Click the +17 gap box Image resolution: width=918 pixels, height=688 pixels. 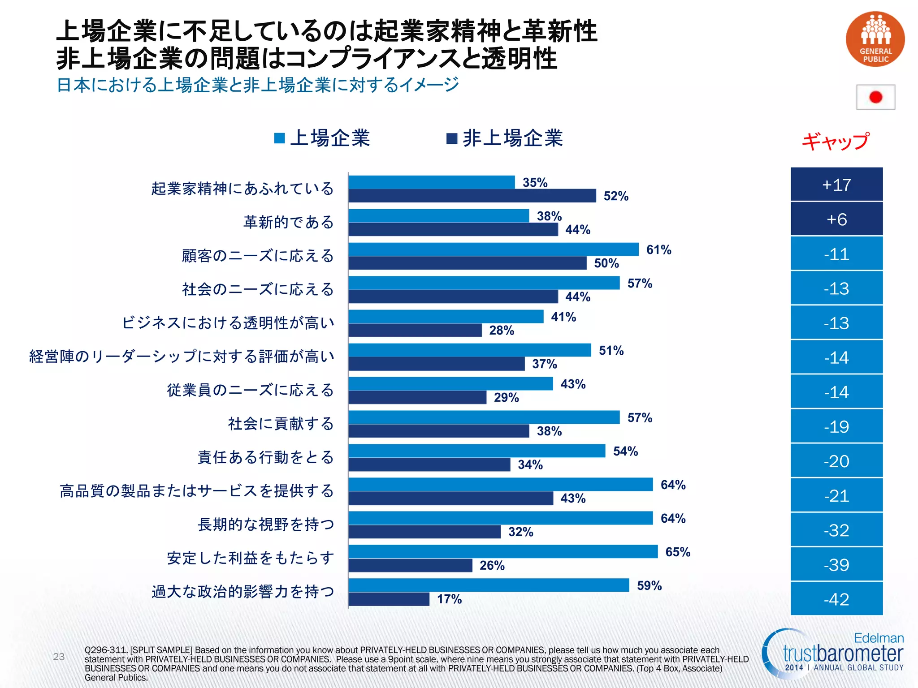point(836,185)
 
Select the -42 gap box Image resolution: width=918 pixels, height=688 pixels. point(836,599)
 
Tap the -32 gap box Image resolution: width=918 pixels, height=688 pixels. point(836,530)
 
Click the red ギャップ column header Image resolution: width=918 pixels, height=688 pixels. point(836,141)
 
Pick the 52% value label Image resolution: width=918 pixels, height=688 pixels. point(616,196)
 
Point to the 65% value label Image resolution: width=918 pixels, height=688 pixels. point(678,552)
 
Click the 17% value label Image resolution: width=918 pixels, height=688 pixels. point(449,599)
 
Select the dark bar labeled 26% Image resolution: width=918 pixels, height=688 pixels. point(410,565)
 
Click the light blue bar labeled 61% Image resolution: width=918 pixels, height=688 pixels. point(493,249)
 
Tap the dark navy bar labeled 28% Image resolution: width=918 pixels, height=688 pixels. point(415,330)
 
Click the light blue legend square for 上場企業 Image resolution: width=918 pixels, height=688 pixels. point(280,138)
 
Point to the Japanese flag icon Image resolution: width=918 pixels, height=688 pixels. point(875,97)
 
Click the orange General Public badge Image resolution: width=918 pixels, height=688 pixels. point(875,39)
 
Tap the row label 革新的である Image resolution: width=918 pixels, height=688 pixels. point(289,222)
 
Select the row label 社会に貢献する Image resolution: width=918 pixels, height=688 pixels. point(281,424)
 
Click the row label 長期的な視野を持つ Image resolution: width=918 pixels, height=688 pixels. point(266,525)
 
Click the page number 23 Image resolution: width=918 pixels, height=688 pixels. point(59,657)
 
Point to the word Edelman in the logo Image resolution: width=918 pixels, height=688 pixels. point(879,638)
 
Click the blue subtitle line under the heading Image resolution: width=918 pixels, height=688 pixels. point(258,85)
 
